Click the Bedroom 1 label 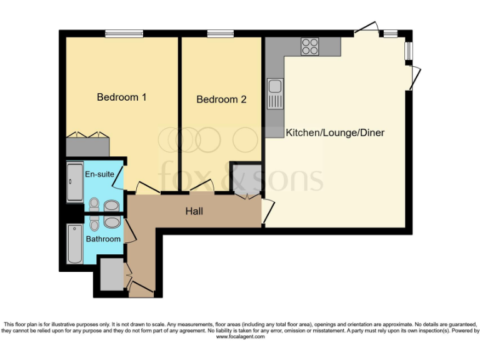coord(121,97)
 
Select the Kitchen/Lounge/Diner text coord(334,132)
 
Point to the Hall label coord(194,211)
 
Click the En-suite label coord(99,174)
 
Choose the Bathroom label coord(103,239)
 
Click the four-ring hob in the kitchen coord(310,46)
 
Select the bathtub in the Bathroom coord(74,244)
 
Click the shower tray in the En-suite coord(74,182)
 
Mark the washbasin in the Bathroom coord(113,222)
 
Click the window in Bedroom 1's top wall coord(122,34)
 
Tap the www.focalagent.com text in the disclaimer coord(240,337)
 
